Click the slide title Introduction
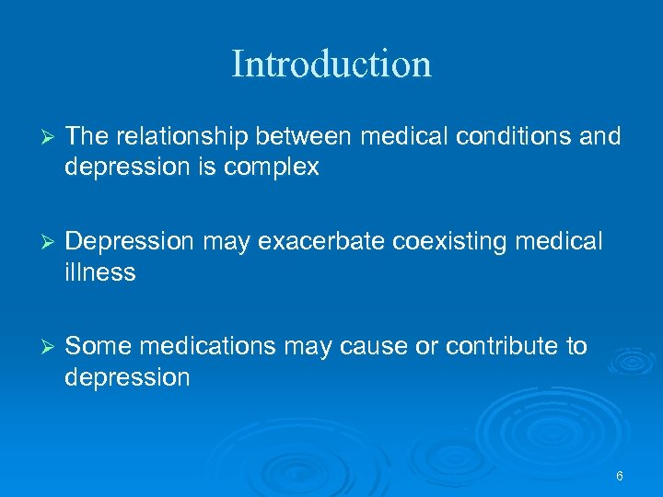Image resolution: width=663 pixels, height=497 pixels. pos(331,64)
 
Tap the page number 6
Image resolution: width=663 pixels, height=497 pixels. pos(620,476)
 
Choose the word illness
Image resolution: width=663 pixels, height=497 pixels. pos(100,272)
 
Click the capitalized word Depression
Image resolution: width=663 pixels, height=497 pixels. pos(130,242)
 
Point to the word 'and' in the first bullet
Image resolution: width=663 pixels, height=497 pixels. pos(602,137)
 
